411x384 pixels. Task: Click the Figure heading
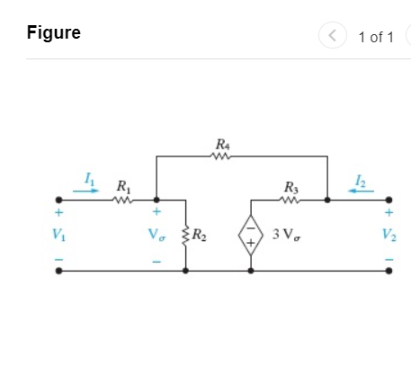tap(54, 33)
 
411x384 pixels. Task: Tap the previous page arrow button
tap(334, 36)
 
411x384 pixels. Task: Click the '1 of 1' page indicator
tap(375, 37)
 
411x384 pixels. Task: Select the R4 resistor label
tap(222, 143)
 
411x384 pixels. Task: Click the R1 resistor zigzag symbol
tap(121, 200)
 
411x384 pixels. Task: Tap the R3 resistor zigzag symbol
tap(290, 200)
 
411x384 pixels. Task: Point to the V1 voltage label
tap(59, 236)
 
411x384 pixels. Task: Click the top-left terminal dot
tap(59, 200)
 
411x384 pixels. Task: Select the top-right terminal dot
tap(389, 200)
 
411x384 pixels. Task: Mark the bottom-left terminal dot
tap(59, 270)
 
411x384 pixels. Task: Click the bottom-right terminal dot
tap(389, 270)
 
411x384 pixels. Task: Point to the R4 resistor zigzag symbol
tap(222, 156)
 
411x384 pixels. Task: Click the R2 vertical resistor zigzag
tap(185, 236)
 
